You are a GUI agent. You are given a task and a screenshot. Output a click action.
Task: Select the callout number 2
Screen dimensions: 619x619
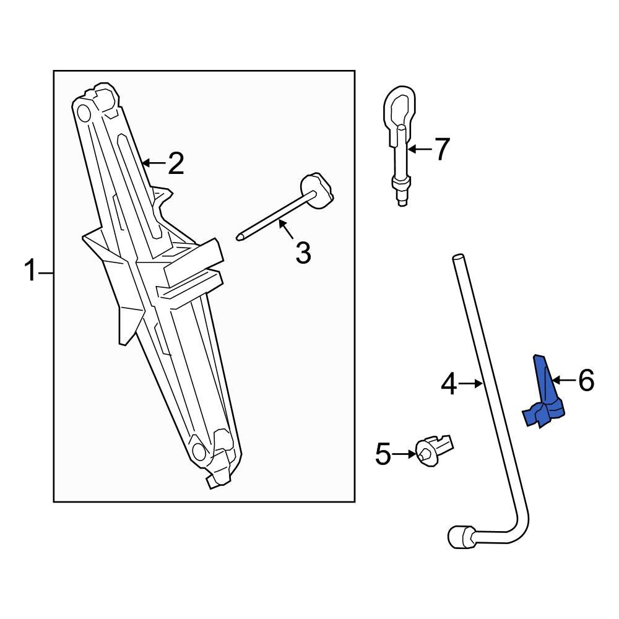pos(176,164)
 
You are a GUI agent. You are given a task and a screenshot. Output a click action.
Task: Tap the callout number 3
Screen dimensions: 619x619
pos(303,253)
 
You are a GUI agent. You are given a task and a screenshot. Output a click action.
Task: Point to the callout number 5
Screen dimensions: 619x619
pos(383,456)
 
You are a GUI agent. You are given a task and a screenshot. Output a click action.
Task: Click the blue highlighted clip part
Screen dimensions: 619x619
pos(544,396)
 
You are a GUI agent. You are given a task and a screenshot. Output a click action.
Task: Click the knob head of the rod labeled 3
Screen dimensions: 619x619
pos(318,191)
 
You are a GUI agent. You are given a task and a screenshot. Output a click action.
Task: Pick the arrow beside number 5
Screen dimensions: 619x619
pos(405,455)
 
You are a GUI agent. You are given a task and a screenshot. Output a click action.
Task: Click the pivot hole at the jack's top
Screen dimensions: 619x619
pos(82,112)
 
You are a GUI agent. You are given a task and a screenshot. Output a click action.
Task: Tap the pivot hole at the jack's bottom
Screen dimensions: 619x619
pos(199,452)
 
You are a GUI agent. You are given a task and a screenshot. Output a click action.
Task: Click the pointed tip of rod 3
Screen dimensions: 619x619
pos(239,235)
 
